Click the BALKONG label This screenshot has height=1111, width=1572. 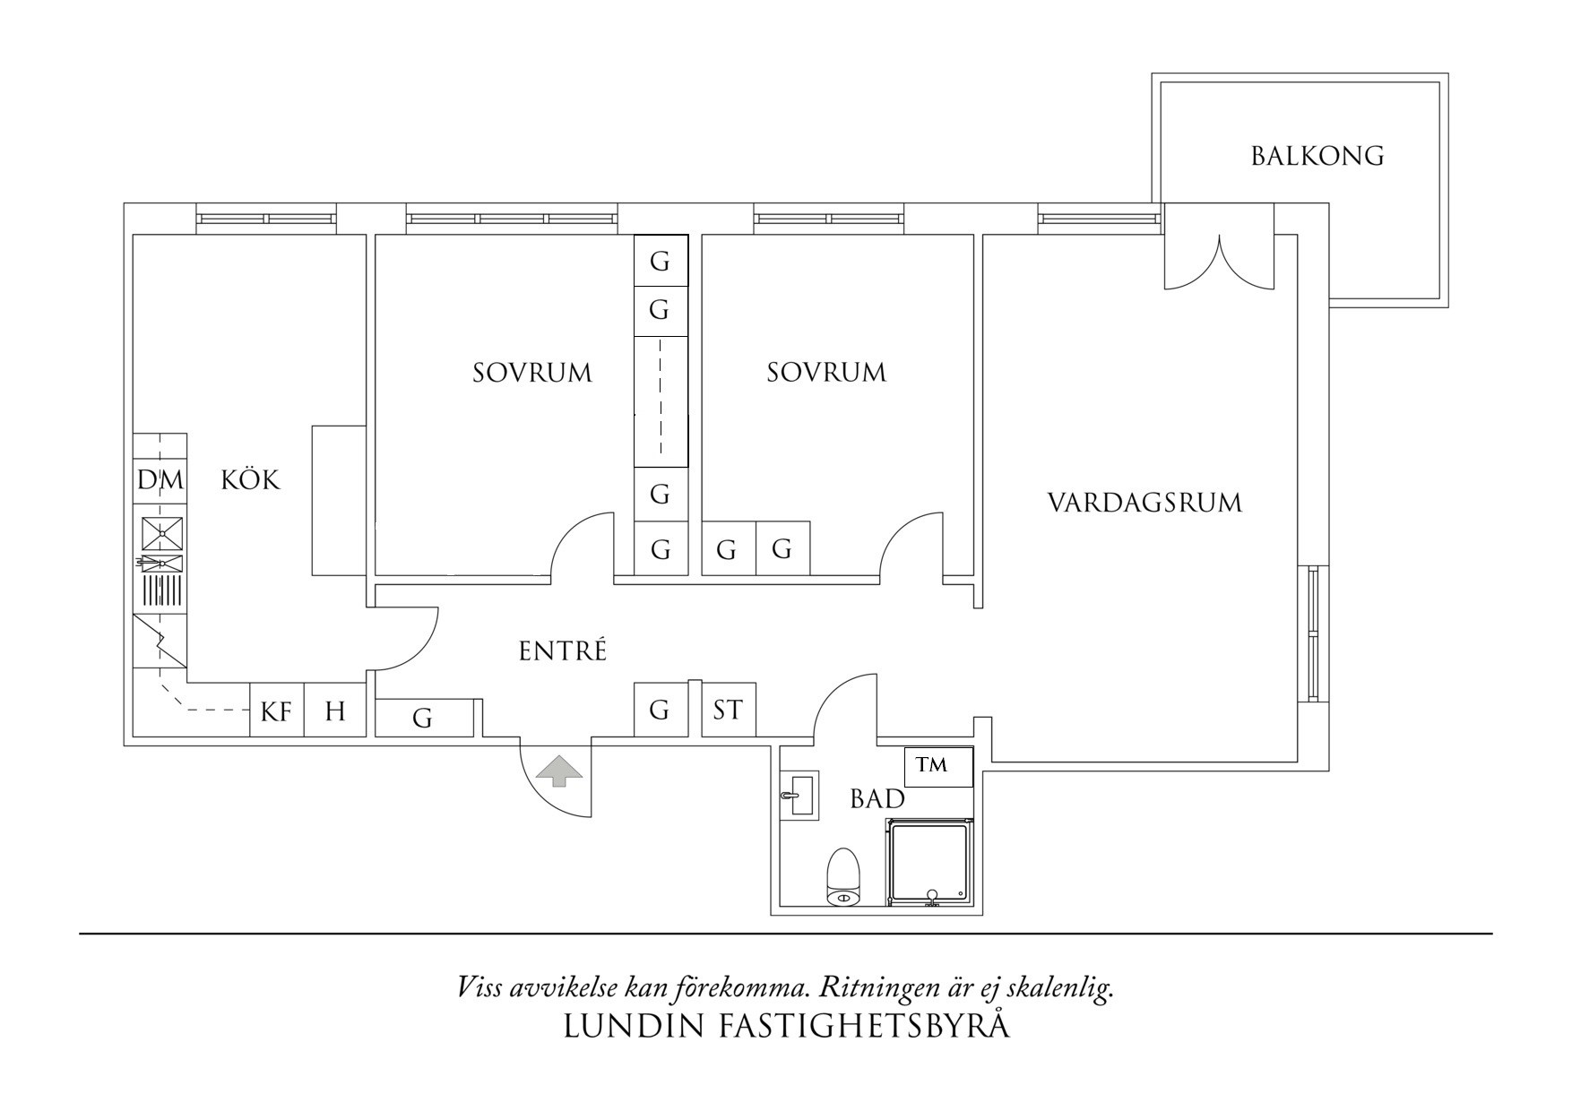(x=1317, y=157)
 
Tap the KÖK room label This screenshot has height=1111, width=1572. (x=251, y=480)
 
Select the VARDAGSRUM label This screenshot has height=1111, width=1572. (x=1144, y=503)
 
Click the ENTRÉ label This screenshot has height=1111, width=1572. (x=563, y=651)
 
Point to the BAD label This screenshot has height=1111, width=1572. (x=877, y=799)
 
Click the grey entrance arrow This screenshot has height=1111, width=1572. (x=558, y=771)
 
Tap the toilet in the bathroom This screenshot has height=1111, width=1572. (x=843, y=876)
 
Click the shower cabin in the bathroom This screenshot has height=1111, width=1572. (x=929, y=862)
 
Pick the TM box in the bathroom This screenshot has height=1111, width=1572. (x=937, y=767)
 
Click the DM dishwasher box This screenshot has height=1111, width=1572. (x=160, y=480)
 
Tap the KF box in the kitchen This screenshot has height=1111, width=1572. (x=277, y=711)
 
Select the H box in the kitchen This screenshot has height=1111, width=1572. (x=335, y=711)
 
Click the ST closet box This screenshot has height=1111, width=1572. (x=728, y=711)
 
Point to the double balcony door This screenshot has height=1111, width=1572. (x=1219, y=255)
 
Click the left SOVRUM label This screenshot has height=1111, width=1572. (x=532, y=373)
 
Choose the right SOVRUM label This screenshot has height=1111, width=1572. (x=826, y=373)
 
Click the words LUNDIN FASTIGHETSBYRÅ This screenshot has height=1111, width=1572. (x=786, y=1026)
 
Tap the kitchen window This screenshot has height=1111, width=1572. (x=266, y=219)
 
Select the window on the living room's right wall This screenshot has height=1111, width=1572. (x=1314, y=633)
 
